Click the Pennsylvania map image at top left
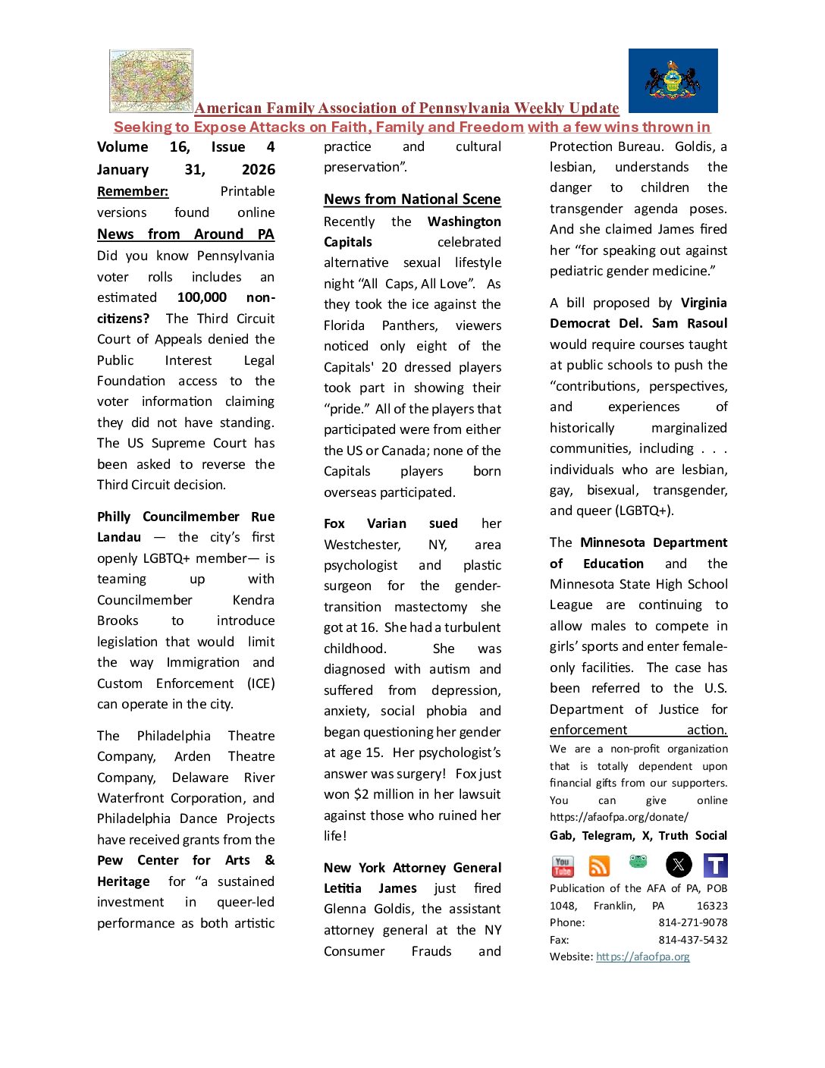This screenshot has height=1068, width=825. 152,80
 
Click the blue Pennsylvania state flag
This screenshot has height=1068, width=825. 673,80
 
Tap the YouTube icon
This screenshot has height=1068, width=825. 563,865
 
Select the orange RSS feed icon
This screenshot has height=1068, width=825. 599,865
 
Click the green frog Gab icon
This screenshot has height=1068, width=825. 638,862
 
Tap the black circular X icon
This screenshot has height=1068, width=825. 679,865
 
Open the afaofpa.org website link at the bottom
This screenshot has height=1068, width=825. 643,956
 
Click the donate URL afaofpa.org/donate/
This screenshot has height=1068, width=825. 619,817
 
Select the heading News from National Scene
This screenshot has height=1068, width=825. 412,199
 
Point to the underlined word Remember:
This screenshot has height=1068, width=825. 133,191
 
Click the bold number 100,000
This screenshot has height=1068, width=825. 202,297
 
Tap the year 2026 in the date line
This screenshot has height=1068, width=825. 258,170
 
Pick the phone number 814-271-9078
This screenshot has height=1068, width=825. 692,922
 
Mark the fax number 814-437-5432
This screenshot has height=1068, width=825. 692,940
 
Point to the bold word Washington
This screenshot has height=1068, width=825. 464,221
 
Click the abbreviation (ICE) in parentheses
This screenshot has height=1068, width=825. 261,683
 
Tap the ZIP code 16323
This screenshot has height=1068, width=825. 712,906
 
